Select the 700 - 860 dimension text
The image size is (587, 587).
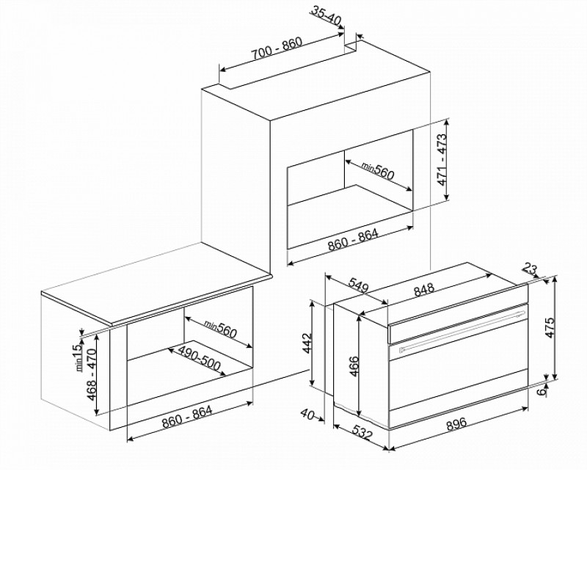tap(277, 48)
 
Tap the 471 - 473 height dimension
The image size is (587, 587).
tap(442, 159)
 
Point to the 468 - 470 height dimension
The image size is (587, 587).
tap(92, 374)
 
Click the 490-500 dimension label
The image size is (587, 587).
tap(199, 358)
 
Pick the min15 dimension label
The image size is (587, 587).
tap(78, 357)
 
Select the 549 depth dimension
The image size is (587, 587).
tap(359, 285)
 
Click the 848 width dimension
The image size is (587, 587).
tap(424, 289)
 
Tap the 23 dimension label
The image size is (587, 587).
tap(529, 269)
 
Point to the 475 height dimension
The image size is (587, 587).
tap(550, 327)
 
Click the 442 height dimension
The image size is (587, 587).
tap(307, 343)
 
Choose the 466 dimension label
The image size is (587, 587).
tap(354, 366)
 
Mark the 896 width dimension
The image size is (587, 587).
tap(456, 423)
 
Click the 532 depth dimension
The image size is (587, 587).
tap(362, 432)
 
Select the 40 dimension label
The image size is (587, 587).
tap(307, 414)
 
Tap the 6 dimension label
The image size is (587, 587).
tap(542, 392)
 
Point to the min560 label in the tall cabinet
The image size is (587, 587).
tap(377, 171)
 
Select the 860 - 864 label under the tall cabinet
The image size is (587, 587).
tap(354, 240)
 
